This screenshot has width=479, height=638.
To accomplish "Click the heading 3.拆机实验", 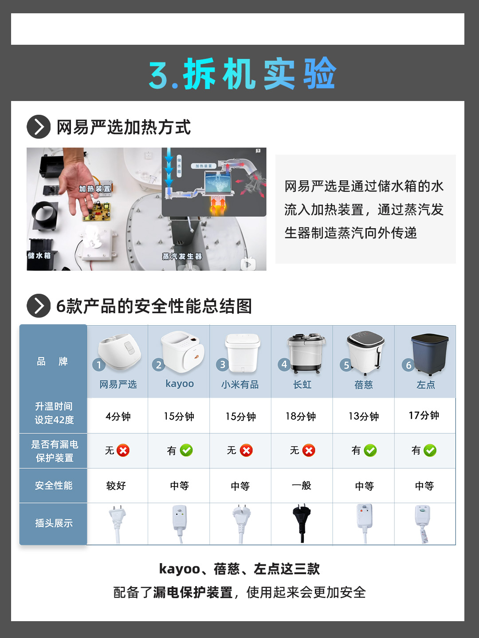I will pos(242,74).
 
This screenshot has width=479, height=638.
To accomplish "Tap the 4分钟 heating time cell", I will pos(118,416).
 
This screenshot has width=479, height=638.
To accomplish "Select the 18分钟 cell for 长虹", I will pos(301,416).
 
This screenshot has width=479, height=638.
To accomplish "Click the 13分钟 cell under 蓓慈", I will pos(364,416).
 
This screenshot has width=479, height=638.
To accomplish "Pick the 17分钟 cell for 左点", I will pos(424,416).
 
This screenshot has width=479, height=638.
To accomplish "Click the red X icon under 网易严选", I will pos(123,451).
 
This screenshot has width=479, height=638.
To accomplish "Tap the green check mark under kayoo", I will pos(186,451).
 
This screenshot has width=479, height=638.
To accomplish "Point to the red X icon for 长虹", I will pos(309,451).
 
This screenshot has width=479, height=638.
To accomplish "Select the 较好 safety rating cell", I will pos(116,486).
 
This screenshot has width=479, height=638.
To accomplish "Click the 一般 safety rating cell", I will pos(302,486).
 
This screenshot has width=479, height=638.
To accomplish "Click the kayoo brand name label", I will pos(180,384).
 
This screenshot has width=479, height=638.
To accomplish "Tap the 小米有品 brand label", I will pos(240,385).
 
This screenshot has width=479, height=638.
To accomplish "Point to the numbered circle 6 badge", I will pos(408,366).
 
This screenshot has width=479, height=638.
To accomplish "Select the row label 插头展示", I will pos(54,523).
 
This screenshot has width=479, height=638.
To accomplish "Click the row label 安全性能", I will pos(54,486).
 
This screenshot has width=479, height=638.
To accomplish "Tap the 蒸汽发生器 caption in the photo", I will pos(182,257).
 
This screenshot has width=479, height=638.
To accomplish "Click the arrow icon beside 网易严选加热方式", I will pos(39,127).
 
